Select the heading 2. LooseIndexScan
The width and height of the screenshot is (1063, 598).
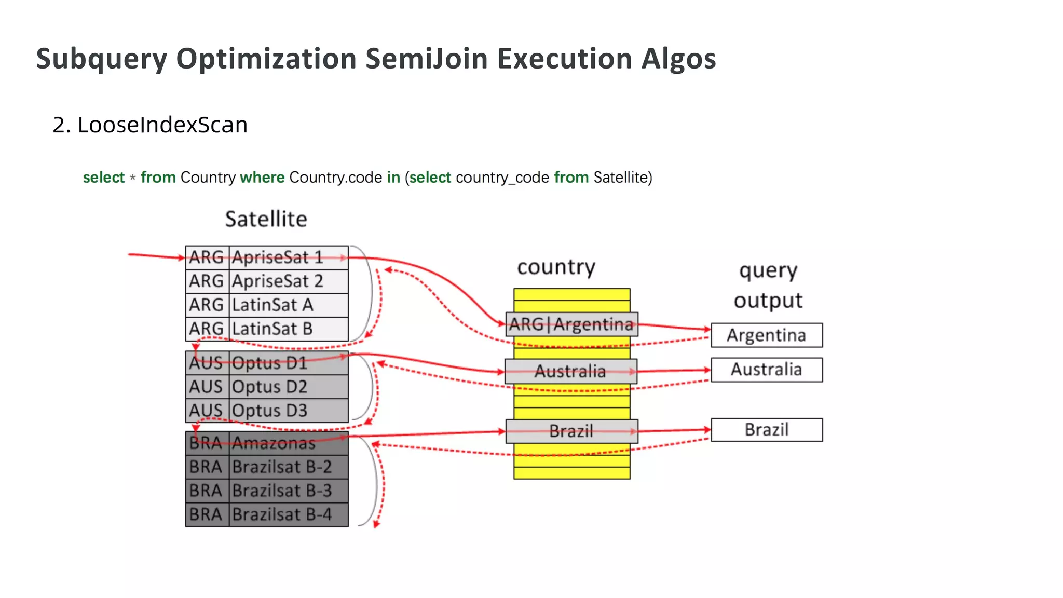[x=150, y=125]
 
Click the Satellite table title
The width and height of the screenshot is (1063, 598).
[x=266, y=219]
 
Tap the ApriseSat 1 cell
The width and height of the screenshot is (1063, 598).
[x=288, y=257]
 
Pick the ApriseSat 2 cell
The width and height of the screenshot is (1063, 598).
[x=288, y=281]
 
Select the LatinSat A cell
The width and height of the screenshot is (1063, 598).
[x=288, y=305]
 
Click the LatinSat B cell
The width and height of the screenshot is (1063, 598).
[x=288, y=329]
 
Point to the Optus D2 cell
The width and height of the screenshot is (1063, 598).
[x=288, y=387]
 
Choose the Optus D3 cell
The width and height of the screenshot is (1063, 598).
[x=288, y=411]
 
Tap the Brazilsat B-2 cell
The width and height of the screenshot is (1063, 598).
[x=288, y=467]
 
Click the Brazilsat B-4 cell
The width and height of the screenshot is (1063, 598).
[x=288, y=514]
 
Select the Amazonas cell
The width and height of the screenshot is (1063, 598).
[x=288, y=443]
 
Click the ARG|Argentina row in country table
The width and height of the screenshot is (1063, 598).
[x=571, y=324]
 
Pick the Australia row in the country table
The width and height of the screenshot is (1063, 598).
[x=570, y=371]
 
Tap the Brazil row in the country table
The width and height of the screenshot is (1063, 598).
[x=571, y=431]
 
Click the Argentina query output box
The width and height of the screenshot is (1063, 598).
[x=766, y=335]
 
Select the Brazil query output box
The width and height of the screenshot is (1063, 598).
[x=766, y=430]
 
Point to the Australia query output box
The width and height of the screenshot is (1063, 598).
[x=766, y=370]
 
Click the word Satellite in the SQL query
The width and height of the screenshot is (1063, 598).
[x=621, y=178]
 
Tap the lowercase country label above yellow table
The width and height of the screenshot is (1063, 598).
[x=556, y=267]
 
